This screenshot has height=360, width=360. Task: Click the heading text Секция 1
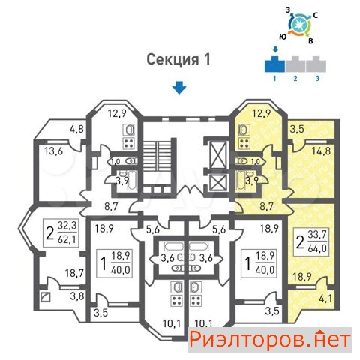(178, 60)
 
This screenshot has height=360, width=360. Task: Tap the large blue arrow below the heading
(179, 88)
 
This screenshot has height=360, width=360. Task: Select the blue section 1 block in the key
(274, 64)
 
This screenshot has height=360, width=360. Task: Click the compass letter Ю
(283, 37)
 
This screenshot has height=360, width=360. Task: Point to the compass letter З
(288, 10)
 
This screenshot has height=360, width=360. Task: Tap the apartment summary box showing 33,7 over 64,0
(310, 242)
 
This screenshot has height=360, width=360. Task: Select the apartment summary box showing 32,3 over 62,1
(61, 233)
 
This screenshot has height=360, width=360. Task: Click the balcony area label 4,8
(76, 130)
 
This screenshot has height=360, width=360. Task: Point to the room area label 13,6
(54, 151)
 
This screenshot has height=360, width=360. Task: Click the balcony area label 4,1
(325, 298)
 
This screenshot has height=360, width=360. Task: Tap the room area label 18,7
(74, 273)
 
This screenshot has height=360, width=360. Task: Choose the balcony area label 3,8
(77, 296)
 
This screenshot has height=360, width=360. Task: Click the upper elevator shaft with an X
(218, 155)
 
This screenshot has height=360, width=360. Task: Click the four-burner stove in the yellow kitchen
(244, 143)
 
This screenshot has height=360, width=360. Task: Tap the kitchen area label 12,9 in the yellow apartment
(262, 114)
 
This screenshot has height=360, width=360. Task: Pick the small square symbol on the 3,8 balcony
(45, 297)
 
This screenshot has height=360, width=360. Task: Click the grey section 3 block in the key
(316, 64)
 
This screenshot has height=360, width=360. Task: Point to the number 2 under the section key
(295, 79)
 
